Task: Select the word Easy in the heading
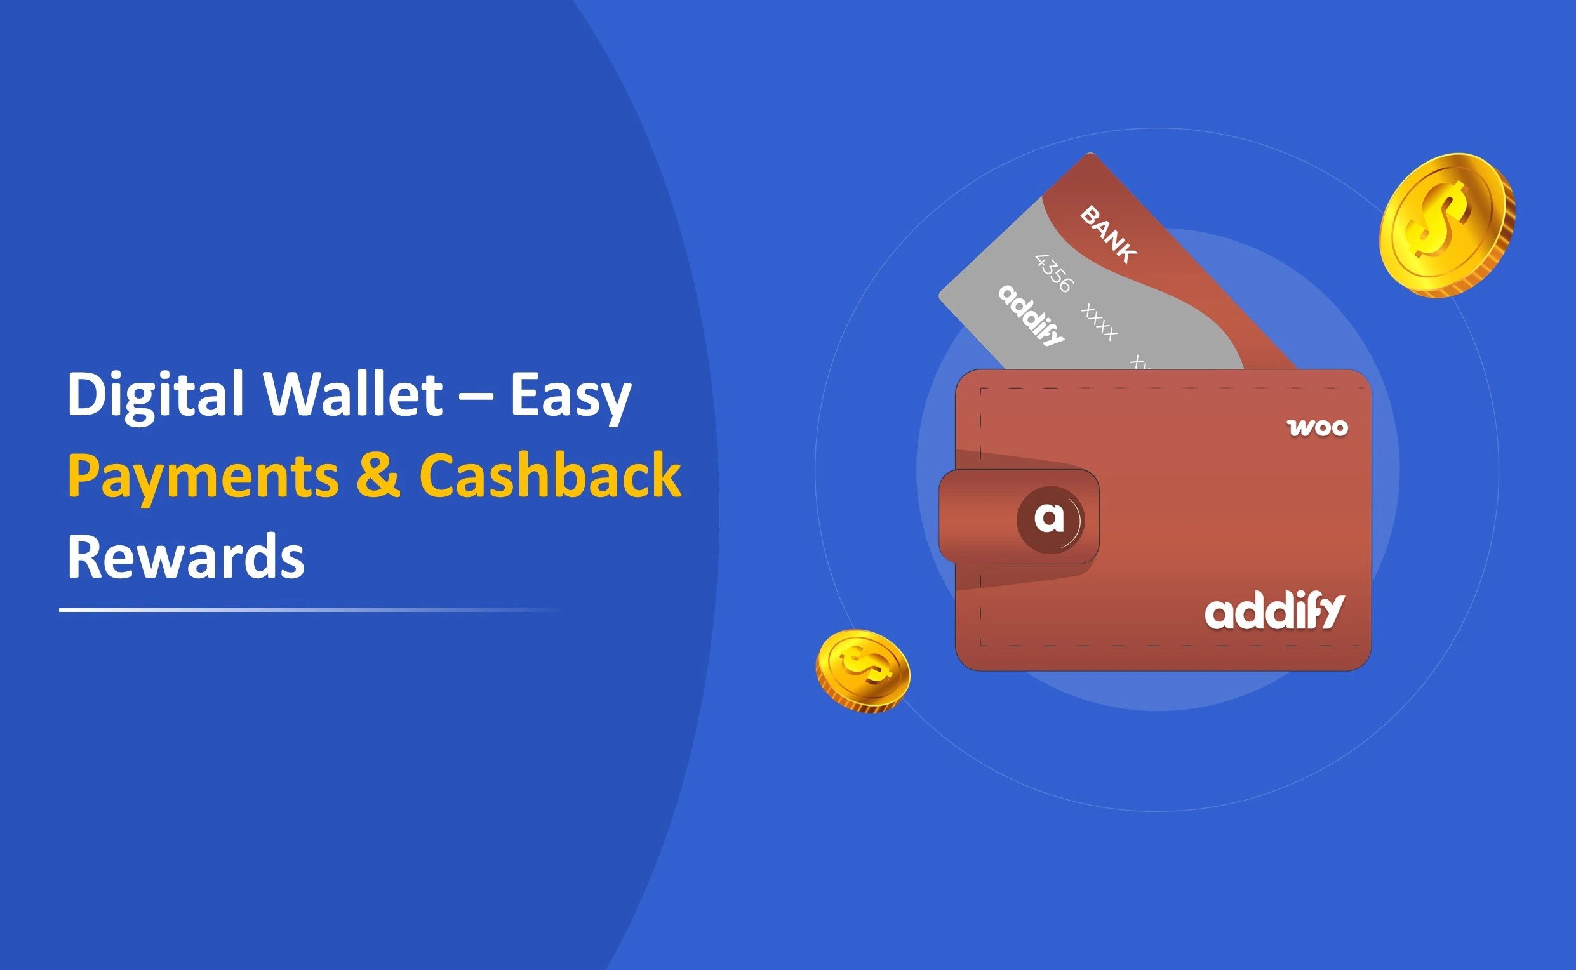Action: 570,395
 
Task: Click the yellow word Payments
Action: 203,476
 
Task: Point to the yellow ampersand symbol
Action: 378,475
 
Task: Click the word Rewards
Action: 185,557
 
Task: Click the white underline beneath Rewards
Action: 308,609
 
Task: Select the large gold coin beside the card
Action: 1447,225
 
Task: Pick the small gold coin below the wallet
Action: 862,670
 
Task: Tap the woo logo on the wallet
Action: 1318,428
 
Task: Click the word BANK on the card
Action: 1108,234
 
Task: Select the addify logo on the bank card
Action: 1031,316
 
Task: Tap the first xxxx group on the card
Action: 1099,322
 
